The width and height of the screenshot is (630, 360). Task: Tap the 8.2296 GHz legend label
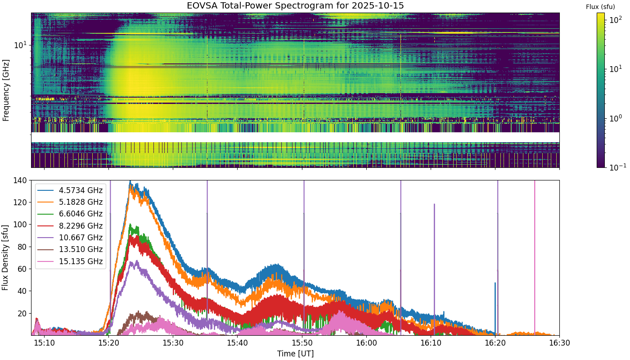coord(81,226)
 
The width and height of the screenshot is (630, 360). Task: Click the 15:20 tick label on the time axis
coord(108,343)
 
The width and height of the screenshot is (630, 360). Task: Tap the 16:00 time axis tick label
coord(366,343)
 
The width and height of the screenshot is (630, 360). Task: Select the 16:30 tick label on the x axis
coord(560,343)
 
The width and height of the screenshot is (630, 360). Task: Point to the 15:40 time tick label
coord(238,343)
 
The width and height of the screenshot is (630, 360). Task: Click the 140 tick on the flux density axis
coord(20,180)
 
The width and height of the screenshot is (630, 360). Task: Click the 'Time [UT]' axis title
coord(295,354)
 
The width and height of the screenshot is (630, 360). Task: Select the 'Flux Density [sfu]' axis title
coord(5,257)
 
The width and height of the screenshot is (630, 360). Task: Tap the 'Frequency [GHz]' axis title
coord(6,90)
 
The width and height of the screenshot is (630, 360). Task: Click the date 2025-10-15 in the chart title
coord(378,5)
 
